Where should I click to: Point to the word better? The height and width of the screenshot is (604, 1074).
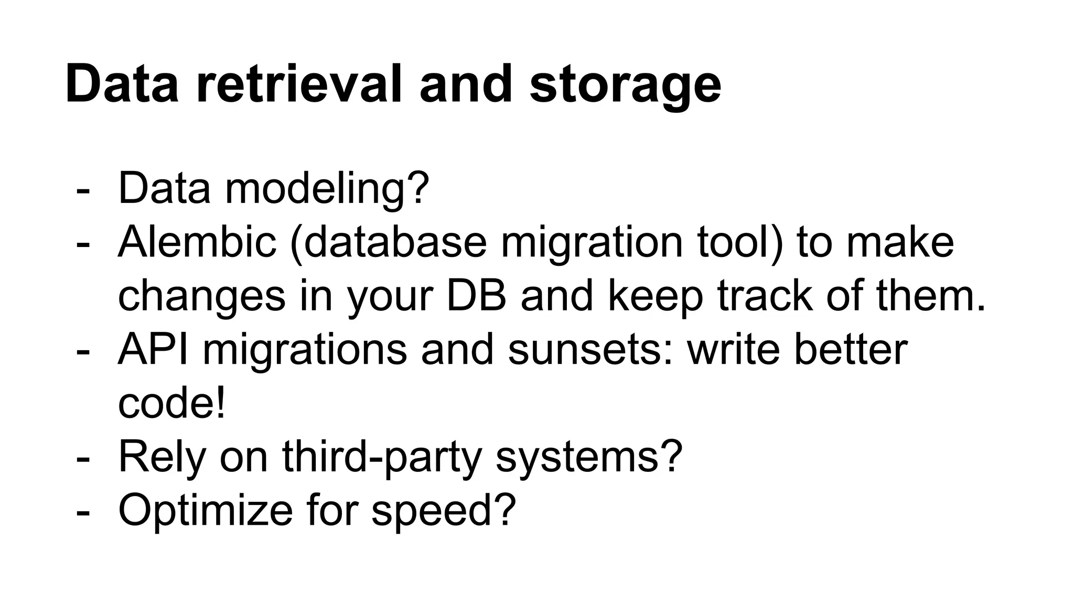850,350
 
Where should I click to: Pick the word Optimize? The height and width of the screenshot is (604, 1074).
206,511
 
